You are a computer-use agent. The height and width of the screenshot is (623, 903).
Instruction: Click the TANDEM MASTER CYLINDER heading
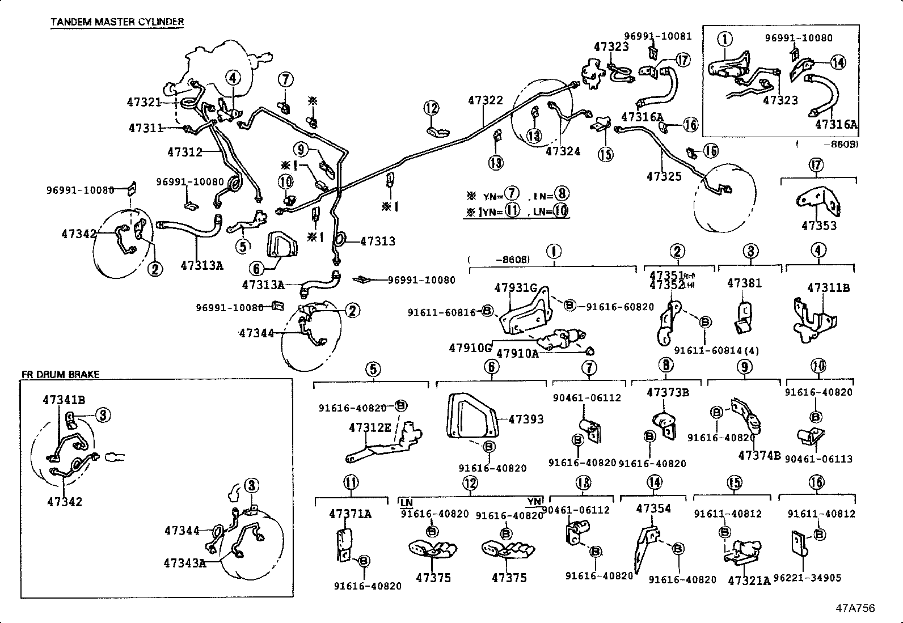[x=117, y=22]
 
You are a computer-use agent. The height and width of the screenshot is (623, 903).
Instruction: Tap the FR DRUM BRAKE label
[x=60, y=374]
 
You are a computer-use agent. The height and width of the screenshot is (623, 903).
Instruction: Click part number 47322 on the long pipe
[x=486, y=100]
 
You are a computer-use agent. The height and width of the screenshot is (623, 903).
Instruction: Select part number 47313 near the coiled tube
[x=378, y=241]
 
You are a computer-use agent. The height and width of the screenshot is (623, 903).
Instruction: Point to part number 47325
[x=664, y=176]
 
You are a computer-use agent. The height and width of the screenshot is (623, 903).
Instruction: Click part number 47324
[x=563, y=151]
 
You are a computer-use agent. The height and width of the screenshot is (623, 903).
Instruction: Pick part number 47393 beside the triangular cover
[x=526, y=419]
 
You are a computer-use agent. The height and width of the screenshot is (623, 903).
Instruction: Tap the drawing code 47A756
[x=855, y=608]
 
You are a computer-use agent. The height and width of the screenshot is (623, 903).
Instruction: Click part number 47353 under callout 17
[x=818, y=226]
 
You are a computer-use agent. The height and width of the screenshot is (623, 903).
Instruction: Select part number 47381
[x=744, y=283]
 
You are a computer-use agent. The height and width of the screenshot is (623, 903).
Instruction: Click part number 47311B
[x=828, y=287]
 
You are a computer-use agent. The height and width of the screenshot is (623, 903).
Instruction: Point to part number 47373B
[x=668, y=392]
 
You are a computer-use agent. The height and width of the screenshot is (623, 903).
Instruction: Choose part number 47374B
[x=759, y=455]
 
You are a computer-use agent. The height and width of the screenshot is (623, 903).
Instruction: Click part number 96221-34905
[x=807, y=578]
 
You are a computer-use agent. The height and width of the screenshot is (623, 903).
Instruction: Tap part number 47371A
[x=350, y=514]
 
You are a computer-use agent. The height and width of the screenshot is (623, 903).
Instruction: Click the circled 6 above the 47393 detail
[x=491, y=367]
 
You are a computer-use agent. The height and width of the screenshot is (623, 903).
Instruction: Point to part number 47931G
[x=515, y=287]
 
